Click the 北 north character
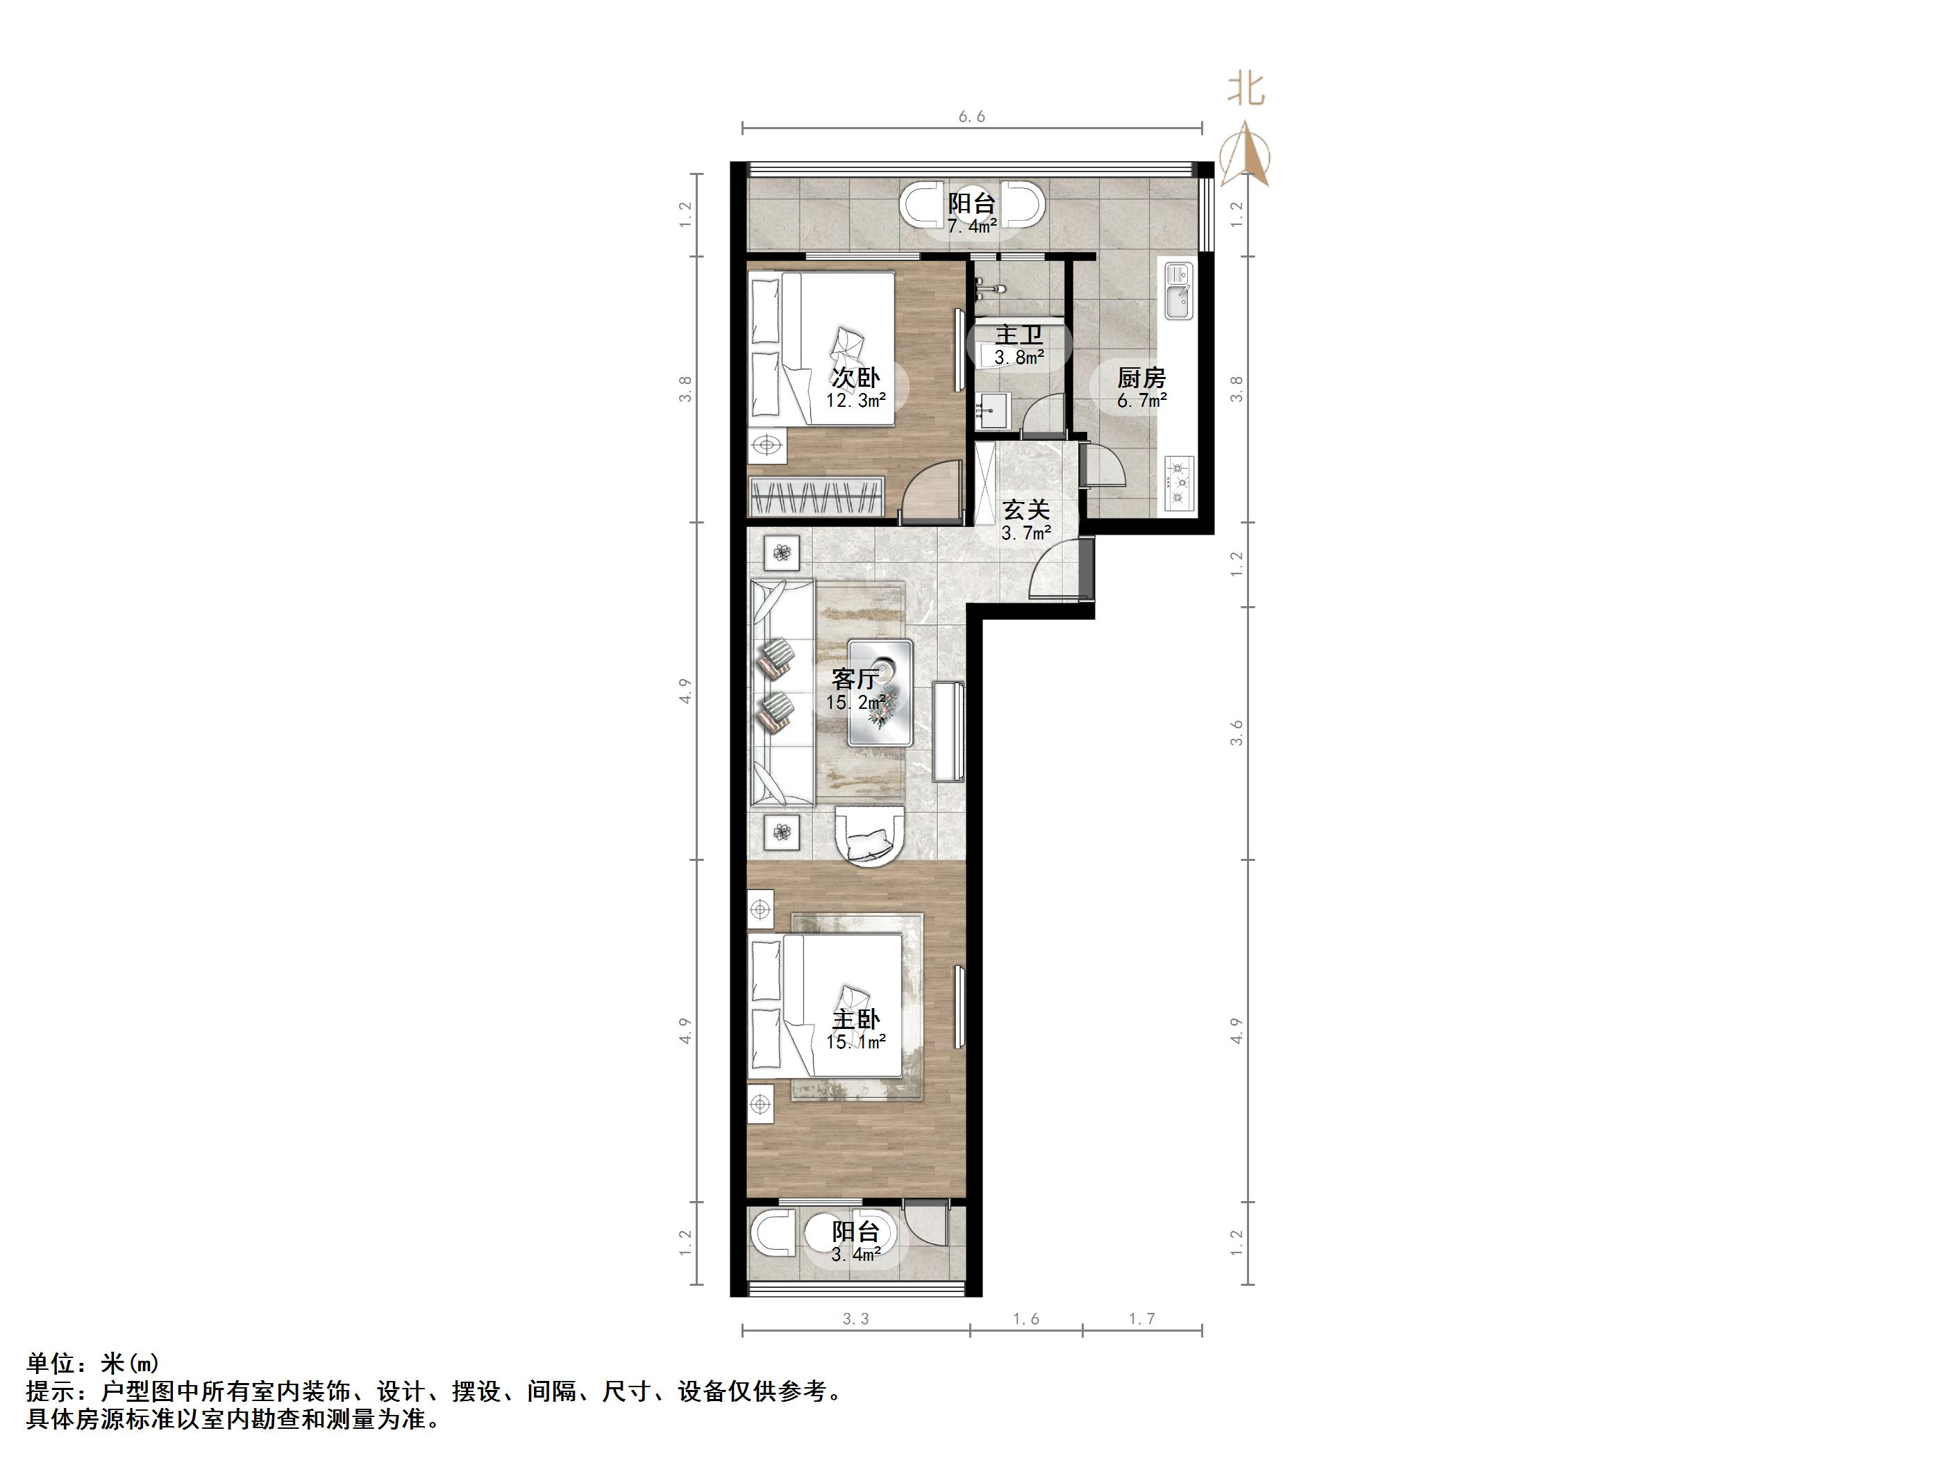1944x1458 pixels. tap(1246, 90)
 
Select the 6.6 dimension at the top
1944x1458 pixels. tap(971, 116)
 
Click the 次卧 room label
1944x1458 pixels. tap(856, 378)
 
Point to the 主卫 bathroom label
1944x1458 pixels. tap(1019, 335)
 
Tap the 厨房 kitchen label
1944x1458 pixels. tap(1141, 378)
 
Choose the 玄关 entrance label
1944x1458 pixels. tap(1025, 510)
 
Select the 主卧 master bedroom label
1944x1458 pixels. tap(856, 1019)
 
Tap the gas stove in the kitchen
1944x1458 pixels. tap(1178, 483)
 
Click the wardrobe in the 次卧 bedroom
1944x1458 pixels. tap(816, 497)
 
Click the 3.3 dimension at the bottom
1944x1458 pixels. tap(856, 1319)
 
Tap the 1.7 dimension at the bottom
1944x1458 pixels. tap(1141, 1319)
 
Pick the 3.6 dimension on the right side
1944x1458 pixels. tap(1237, 732)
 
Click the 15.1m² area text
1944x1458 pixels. tap(856, 1042)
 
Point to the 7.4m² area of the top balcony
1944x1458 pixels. tap(971, 226)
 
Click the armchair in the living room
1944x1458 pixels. tap(869, 836)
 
